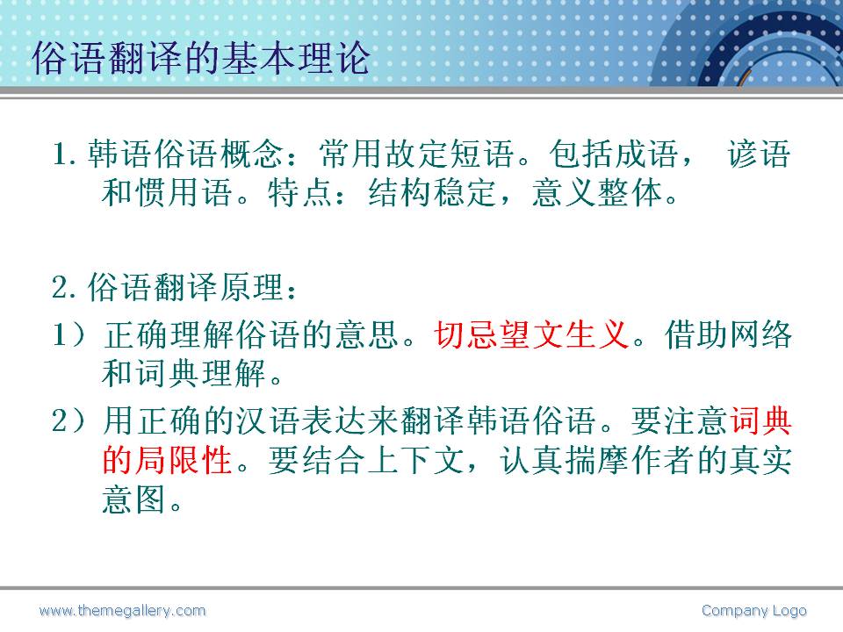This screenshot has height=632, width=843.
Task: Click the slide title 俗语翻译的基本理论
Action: point(201,58)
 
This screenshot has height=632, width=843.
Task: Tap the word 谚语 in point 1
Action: point(759,154)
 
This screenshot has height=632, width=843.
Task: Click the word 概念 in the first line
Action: point(251,154)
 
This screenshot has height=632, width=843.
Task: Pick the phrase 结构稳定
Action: point(432,192)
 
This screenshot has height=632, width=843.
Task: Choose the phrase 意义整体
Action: point(596,192)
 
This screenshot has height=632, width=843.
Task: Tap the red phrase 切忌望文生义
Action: point(532,334)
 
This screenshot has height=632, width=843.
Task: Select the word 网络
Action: point(760,334)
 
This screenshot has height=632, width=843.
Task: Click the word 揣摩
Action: point(596,460)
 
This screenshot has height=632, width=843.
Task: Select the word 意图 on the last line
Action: point(133,499)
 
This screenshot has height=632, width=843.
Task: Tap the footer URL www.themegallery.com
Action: point(123,611)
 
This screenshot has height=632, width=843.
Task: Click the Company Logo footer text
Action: point(753,611)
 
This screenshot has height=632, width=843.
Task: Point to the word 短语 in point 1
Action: point(481,154)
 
